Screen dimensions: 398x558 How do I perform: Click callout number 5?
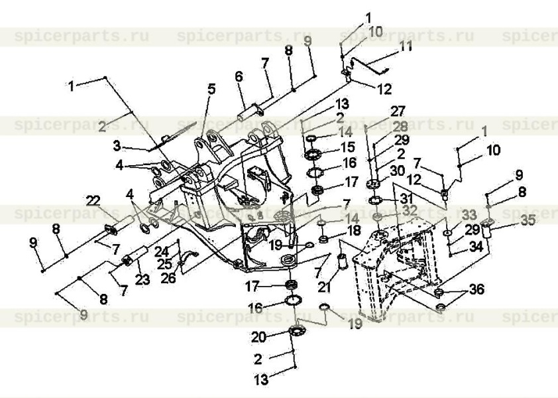[x=211, y=88]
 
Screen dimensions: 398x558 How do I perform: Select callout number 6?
[x=239, y=77]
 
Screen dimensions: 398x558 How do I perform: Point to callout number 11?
[x=405, y=47]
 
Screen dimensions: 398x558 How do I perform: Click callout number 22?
[x=92, y=200]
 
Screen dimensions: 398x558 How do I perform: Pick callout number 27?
[x=398, y=111]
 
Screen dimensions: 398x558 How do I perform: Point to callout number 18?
[x=355, y=230]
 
